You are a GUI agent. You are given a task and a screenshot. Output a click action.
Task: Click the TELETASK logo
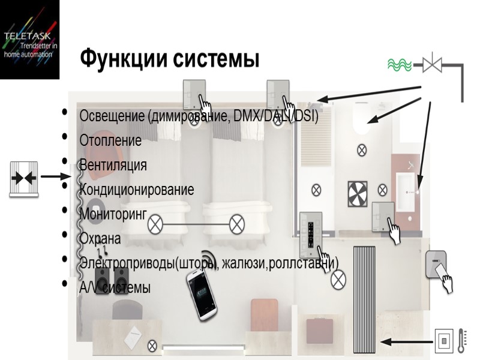click(x=29, y=40)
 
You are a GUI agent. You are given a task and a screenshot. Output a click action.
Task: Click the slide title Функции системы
click(x=170, y=59)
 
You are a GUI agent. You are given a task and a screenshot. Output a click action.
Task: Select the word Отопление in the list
click(x=110, y=141)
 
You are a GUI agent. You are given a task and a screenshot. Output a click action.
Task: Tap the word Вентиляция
click(x=113, y=165)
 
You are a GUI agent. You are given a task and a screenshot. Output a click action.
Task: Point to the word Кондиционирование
click(x=137, y=190)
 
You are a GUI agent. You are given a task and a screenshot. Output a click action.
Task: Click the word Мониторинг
click(x=113, y=214)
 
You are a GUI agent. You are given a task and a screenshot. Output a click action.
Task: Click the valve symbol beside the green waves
click(x=431, y=64)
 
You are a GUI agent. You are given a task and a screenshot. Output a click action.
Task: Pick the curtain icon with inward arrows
click(x=24, y=178)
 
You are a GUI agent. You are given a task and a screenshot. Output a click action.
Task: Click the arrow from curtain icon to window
click(x=56, y=177)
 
